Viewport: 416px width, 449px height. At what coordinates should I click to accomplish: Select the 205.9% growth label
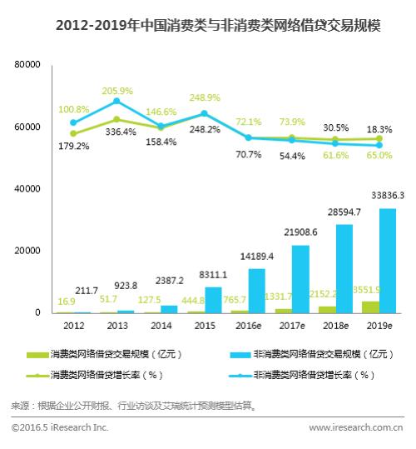118,90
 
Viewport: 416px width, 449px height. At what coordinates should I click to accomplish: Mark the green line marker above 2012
73,133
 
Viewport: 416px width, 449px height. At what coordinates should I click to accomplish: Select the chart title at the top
208,25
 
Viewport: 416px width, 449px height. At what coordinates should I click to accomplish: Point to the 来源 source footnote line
133,406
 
